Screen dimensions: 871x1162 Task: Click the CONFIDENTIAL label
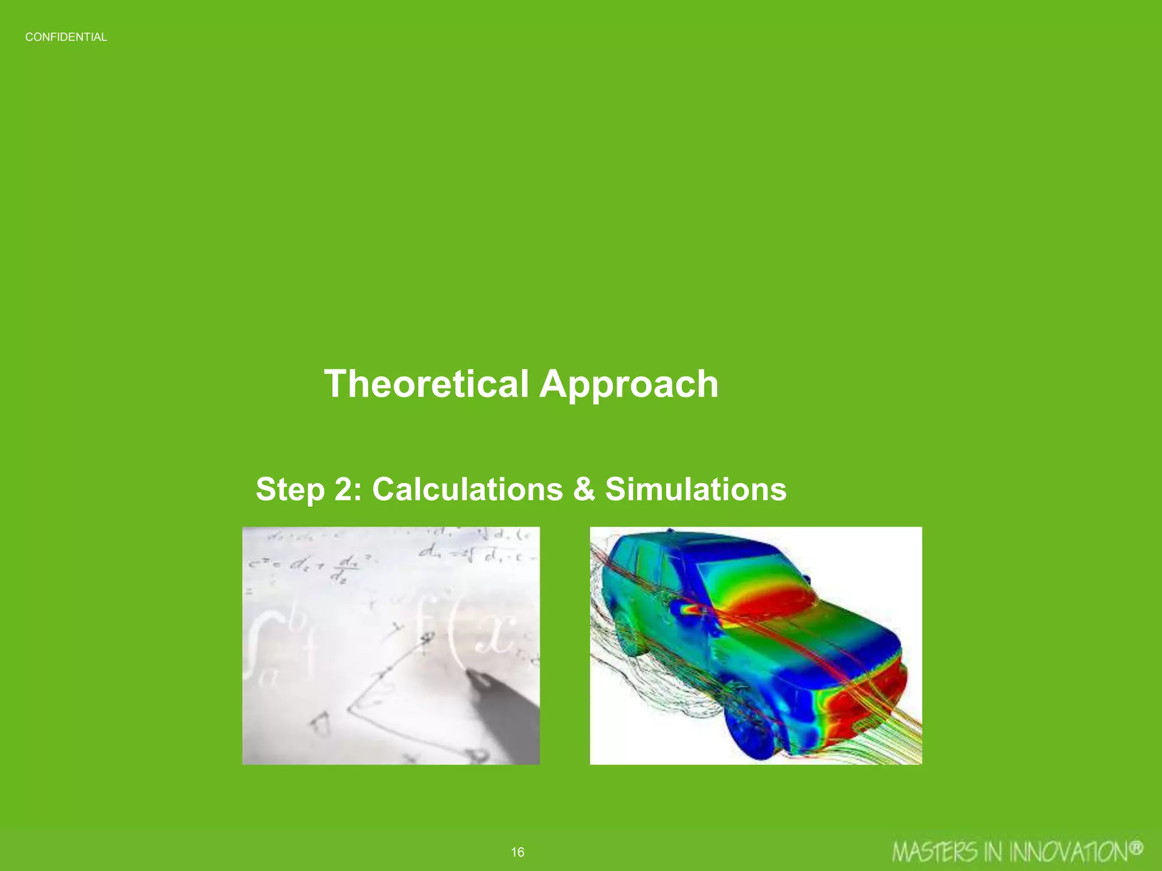click(x=66, y=37)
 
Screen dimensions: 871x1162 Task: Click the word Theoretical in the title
click(x=426, y=384)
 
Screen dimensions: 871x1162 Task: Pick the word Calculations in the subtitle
click(x=468, y=489)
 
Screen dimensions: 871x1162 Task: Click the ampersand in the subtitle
click(x=584, y=489)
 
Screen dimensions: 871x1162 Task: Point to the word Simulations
click(x=696, y=489)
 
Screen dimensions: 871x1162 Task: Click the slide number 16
click(x=517, y=852)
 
